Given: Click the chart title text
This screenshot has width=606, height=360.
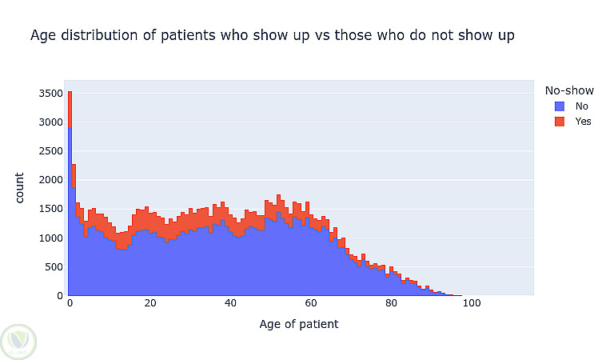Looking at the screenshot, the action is pos(273,35).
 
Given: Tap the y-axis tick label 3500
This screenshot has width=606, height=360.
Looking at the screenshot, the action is pos(50,94).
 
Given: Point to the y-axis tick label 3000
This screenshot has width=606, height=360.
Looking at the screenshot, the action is pos(50,122).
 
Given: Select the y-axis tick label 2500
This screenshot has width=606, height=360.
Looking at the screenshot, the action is pos(50,151).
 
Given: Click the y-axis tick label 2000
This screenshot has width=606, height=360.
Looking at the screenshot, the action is pos(50,180).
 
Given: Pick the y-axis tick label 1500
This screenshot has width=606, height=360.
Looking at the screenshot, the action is pos(50,209).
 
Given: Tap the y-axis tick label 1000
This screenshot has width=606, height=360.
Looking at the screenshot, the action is pos(50,238).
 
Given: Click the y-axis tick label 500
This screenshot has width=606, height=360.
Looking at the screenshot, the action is pos(54,267).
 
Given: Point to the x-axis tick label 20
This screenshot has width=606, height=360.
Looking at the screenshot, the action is pos(150,303).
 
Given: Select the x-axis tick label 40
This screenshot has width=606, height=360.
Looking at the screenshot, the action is pos(230,303).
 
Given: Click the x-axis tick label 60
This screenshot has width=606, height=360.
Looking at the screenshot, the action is pos(311,303).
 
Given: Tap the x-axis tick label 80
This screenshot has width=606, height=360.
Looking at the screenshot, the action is pos(391,303).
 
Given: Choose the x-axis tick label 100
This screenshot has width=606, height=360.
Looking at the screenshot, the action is pos(472,303).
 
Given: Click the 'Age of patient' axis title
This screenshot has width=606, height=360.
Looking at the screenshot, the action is pos(299,324).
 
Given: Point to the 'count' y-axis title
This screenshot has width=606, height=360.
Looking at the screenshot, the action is pos(19,188).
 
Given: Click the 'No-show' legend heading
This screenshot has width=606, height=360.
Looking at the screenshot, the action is pos(569,90).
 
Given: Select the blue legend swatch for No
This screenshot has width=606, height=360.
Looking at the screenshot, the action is pos(560,106).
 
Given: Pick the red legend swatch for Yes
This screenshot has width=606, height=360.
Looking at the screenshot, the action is pos(560,122).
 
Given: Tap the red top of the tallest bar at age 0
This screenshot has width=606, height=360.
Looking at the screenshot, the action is pos(70,110).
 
